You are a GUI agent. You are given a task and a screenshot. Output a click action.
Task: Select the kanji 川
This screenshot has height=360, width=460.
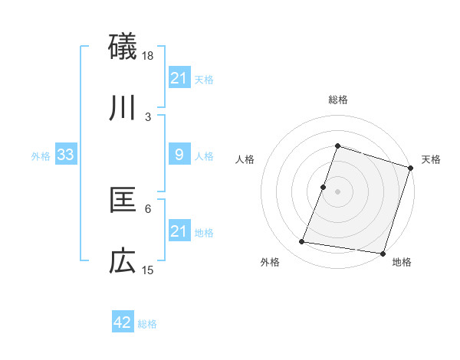coord(123,108)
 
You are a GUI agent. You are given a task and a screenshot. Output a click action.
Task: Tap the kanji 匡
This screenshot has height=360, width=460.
coord(123,201)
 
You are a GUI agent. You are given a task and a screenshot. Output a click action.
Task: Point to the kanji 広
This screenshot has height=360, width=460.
coord(123,262)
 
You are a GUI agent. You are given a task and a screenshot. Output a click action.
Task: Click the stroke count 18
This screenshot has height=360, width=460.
coord(148,56)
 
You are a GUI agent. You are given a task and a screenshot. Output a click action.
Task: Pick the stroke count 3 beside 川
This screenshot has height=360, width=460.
coord(148,116)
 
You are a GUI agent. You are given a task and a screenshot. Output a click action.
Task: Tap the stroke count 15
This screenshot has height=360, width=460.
coord(148,270)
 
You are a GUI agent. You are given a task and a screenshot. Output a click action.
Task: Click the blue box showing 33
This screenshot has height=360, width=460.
coord(66,155)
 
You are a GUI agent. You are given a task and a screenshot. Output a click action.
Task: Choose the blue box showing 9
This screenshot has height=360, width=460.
coord(179,155)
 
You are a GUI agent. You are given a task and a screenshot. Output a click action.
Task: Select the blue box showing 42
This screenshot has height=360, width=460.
coord(123,322)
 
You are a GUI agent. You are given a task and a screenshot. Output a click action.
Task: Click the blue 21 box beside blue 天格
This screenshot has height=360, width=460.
coord(179,78)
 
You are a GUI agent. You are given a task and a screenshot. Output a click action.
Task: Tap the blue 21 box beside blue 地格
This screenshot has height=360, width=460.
coord(179,231)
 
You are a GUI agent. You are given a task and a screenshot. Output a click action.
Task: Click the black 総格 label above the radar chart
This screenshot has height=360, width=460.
coord(337,100)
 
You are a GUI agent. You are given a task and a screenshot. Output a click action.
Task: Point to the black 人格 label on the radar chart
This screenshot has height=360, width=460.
coord(245,159)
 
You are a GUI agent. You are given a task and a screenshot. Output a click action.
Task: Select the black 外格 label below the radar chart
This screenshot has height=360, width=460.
coord(270,263)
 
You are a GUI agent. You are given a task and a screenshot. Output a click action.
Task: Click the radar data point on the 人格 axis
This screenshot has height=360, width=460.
coord(324,187)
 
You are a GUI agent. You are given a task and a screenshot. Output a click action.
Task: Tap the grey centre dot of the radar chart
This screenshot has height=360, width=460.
coord(337,191)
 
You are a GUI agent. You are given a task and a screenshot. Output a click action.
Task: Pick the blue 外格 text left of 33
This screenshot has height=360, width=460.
coord(41,156)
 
